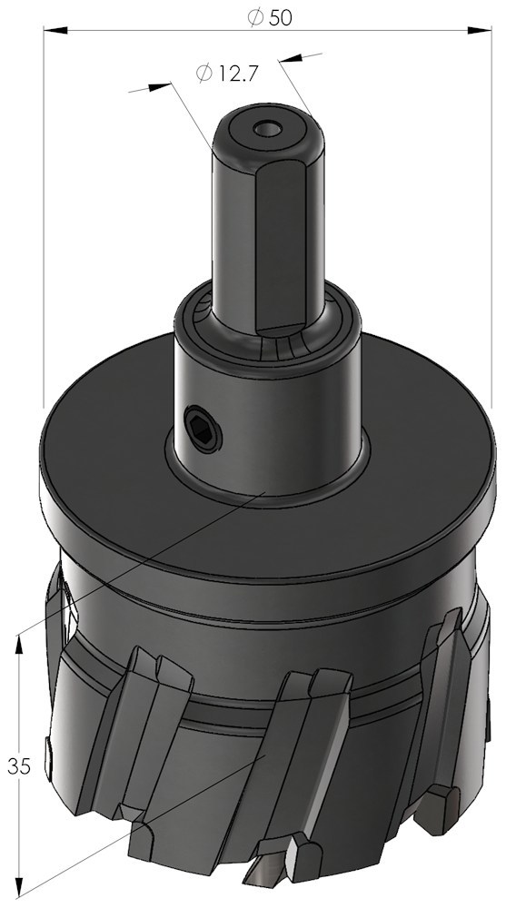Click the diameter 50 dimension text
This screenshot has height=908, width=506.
[x=270, y=18]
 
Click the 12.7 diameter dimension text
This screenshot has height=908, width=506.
[x=226, y=74]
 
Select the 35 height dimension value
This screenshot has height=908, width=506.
[x=19, y=765]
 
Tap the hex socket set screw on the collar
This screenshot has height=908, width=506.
[x=203, y=428]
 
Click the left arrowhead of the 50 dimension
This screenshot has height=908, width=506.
[x=55, y=30]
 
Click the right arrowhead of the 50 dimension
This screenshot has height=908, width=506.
[x=479, y=30]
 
